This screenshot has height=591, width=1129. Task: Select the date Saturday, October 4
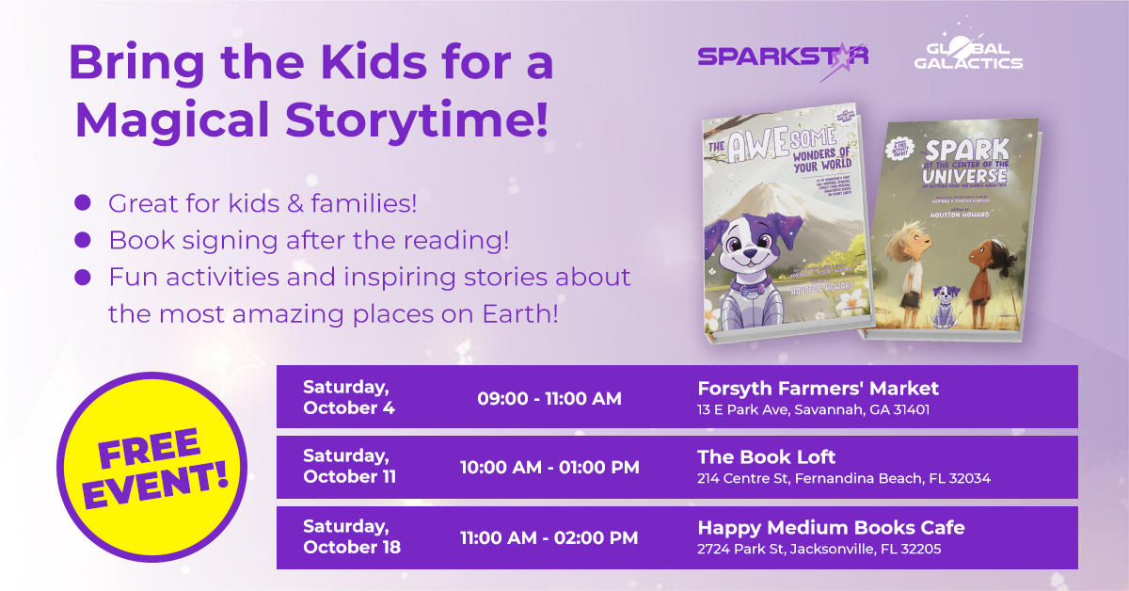click(348, 397)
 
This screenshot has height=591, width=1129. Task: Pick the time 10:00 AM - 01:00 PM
click(549, 468)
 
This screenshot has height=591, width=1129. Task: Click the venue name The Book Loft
click(766, 457)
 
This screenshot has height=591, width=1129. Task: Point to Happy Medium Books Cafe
click(831, 527)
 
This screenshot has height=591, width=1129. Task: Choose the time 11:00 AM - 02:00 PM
click(549, 537)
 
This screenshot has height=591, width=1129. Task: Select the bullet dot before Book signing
click(83, 240)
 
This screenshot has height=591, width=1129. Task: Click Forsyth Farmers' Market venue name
click(818, 388)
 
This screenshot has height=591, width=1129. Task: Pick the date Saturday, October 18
click(351, 537)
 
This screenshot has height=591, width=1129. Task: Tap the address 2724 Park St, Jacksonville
click(819, 549)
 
